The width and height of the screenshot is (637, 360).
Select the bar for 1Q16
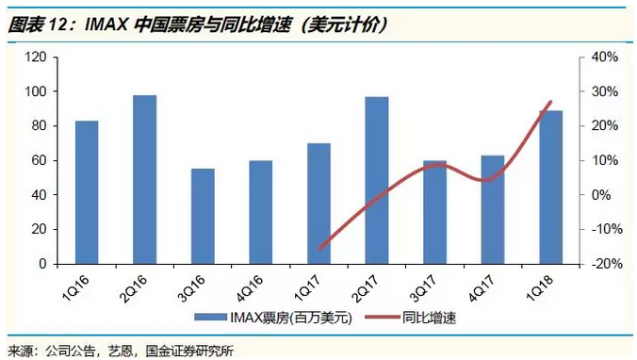point(87,192)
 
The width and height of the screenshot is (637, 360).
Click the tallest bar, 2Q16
point(144,180)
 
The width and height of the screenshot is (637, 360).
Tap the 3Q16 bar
point(203,216)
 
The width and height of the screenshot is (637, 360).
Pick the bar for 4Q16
point(261,212)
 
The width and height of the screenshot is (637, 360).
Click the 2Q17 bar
point(377,180)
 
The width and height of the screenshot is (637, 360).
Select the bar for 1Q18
point(551,188)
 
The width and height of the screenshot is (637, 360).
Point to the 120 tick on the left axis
point(36,57)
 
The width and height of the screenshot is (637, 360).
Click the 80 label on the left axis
point(40,126)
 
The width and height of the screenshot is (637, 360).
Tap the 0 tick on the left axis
point(43,264)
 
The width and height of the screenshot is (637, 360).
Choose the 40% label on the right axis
point(605,57)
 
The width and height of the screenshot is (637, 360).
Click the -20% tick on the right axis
point(607,264)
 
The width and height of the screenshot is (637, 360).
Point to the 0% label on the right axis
point(601,195)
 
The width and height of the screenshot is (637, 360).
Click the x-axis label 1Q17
point(306,287)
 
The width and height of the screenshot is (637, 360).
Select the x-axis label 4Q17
point(481,287)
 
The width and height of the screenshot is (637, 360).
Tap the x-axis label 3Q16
point(191,287)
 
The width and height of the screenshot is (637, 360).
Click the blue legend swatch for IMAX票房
point(210,318)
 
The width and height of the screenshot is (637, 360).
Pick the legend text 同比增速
point(429,318)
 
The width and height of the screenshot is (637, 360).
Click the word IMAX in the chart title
point(106,25)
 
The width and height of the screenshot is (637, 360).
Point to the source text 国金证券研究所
point(189,351)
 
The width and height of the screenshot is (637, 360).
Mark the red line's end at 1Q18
point(551,101)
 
